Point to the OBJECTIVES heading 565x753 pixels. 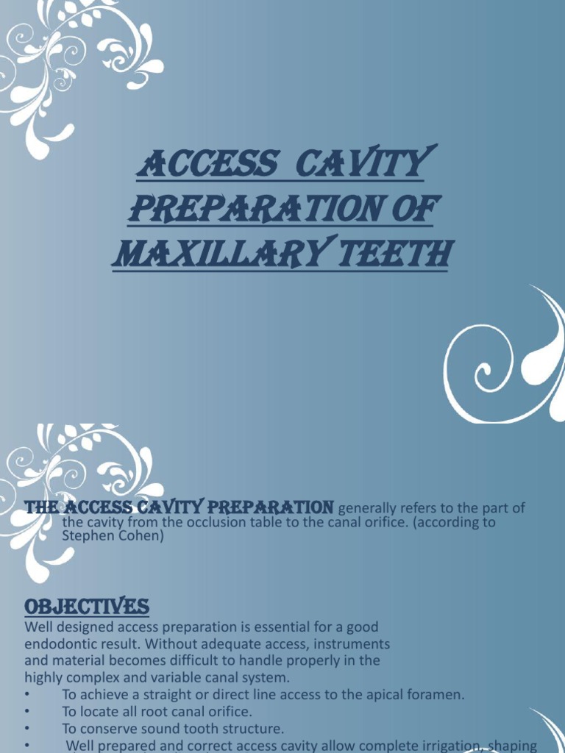coord(87,607)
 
